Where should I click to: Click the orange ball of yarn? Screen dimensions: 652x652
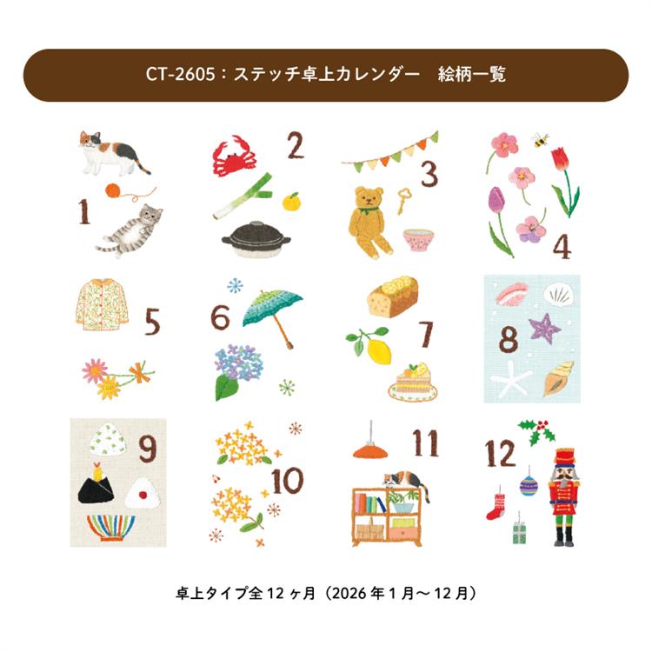click(113, 191)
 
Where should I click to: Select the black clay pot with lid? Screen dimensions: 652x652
click(256, 239)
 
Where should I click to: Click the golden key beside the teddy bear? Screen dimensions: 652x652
click(403, 201)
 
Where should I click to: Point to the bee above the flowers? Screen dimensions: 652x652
click(540, 140)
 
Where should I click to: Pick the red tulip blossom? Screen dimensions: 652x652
click(560, 159)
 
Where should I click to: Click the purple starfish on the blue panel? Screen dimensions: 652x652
click(544, 328)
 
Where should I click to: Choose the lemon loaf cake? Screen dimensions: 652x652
click(393, 297)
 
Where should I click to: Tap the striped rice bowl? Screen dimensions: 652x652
click(111, 528)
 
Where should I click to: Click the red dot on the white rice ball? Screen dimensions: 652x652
click(143, 495)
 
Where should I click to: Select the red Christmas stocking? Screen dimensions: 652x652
click(496, 507)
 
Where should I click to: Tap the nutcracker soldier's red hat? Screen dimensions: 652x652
click(565, 457)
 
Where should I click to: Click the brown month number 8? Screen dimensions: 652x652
click(509, 339)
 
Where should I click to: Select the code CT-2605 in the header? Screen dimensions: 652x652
click(181, 75)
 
